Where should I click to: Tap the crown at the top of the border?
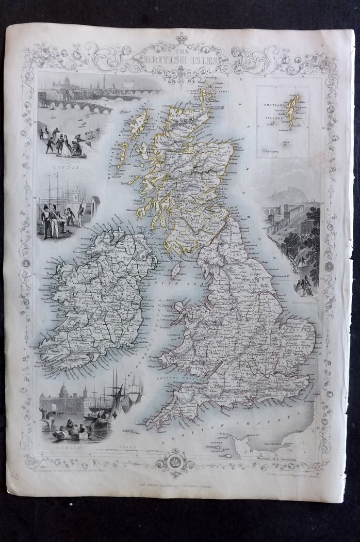click(181, 38)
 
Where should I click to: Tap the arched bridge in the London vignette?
click(77, 106)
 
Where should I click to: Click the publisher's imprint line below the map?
click(180, 485)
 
